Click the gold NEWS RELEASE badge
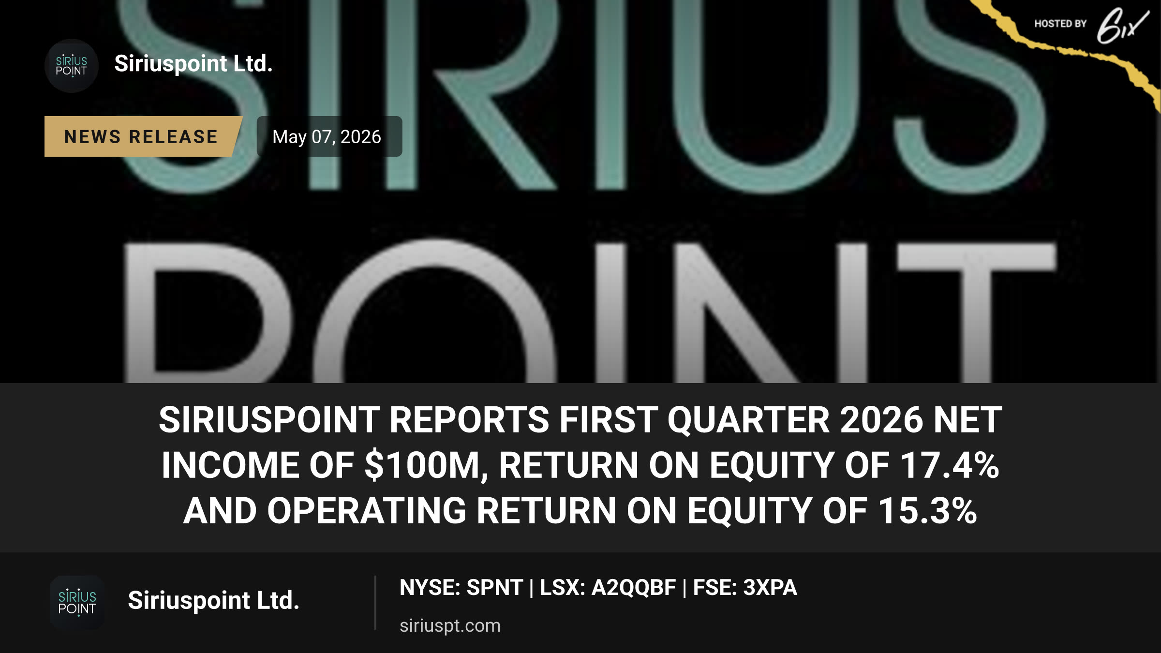(143, 136)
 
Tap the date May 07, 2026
(327, 137)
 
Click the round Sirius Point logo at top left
(72, 66)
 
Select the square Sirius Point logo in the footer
(77, 602)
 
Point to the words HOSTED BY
(1060, 24)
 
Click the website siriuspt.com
(450, 625)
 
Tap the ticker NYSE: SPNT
(461, 588)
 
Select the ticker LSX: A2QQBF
(608, 588)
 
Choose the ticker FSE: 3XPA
(745, 588)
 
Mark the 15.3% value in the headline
(927, 511)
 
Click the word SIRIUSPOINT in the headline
(269, 419)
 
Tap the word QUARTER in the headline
(749, 419)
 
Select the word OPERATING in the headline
(367, 511)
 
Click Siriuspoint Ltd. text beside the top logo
(193, 63)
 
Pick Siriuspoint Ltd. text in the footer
(214, 600)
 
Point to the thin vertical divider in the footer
(375, 603)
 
